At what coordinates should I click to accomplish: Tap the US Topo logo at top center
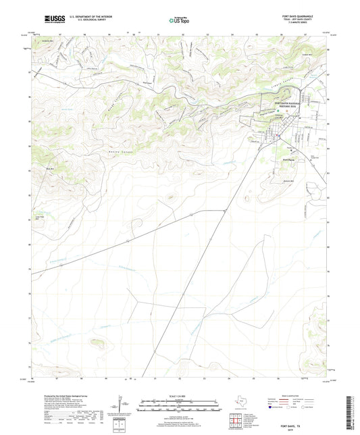180,20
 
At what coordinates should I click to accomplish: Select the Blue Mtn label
49,168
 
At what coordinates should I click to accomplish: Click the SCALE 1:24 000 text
180,395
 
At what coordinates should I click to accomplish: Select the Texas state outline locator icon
239,403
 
